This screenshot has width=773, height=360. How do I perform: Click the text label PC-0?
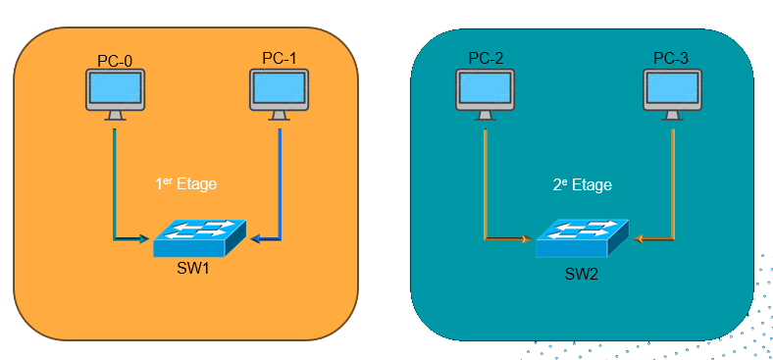(115, 60)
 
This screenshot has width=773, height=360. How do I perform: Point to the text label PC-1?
(280, 59)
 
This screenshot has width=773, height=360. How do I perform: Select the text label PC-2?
(486, 59)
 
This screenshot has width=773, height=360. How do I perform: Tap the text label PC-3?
(671, 59)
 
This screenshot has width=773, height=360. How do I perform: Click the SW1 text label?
(198, 267)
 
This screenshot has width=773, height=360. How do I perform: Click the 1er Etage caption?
(186, 183)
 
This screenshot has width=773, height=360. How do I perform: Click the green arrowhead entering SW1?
(144, 238)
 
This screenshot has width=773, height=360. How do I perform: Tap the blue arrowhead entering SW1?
(254, 238)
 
